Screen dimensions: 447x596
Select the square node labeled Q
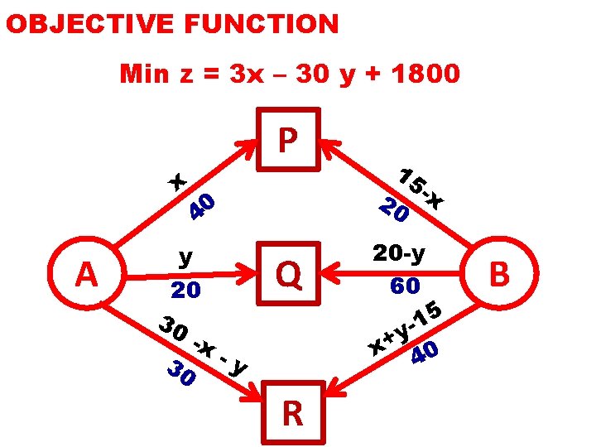pyautogui.click(x=289, y=272)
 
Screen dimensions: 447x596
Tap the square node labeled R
pyautogui.click(x=291, y=412)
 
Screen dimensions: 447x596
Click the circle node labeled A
pyautogui.click(x=86, y=273)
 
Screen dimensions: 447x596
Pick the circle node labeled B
pyautogui.click(x=499, y=273)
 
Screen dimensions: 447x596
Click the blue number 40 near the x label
pyautogui.click(x=201, y=207)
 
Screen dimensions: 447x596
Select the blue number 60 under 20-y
pyautogui.click(x=405, y=286)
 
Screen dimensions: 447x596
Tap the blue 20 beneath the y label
pyautogui.click(x=185, y=290)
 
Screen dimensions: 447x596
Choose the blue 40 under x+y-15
pyautogui.click(x=425, y=353)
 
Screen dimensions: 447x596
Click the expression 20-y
pyautogui.click(x=399, y=253)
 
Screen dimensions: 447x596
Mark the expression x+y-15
pyautogui.click(x=404, y=328)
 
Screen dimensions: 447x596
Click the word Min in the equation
pyautogui.click(x=146, y=74)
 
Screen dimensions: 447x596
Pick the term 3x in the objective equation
pyautogui.click(x=246, y=74)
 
